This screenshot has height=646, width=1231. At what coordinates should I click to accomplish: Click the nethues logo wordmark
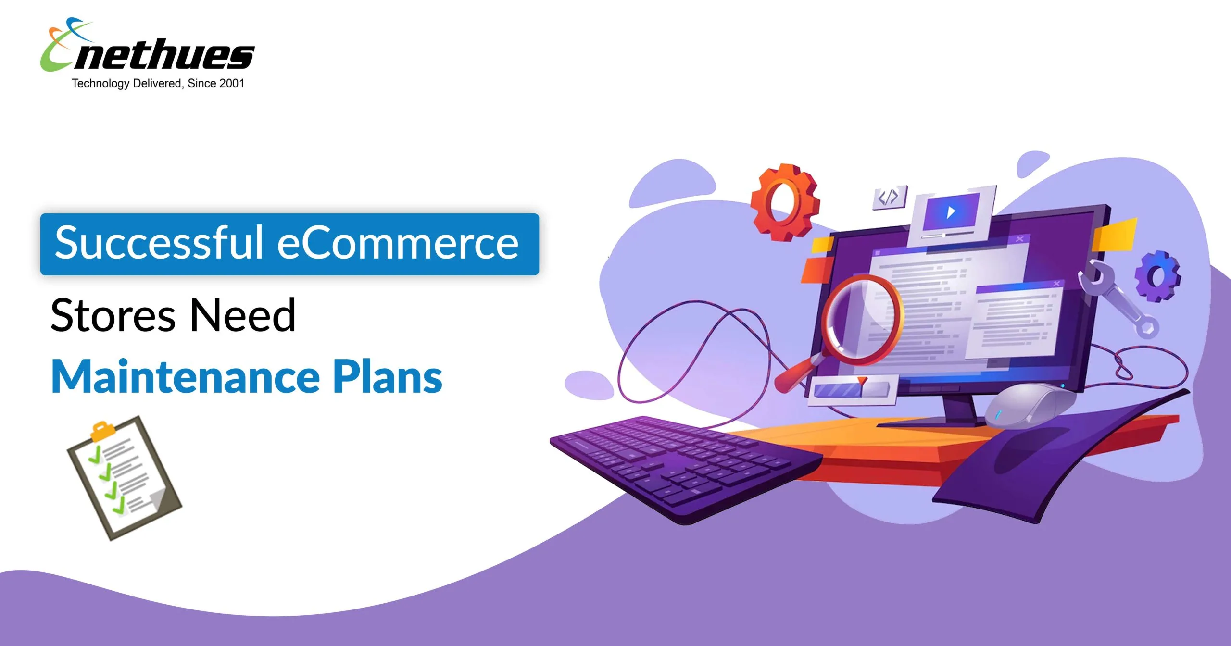point(163,54)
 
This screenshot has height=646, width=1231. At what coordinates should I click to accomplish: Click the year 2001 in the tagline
point(232,84)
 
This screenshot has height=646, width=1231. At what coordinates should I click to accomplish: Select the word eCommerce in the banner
point(398,243)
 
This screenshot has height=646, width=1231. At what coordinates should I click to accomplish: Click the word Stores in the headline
point(113,315)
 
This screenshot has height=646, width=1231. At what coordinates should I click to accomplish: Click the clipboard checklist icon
point(124,478)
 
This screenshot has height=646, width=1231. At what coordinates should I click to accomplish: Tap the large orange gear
point(785,202)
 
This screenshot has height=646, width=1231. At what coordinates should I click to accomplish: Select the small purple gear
point(1157,276)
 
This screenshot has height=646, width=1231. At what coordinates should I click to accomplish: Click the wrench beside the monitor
point(1117,298)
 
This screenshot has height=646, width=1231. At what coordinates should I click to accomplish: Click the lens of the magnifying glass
point(862,319)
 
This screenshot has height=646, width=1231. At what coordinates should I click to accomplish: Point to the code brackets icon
point(889,197)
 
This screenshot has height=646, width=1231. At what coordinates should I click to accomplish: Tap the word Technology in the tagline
point(100,84)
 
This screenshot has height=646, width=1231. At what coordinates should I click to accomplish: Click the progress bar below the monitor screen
point(854,388)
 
